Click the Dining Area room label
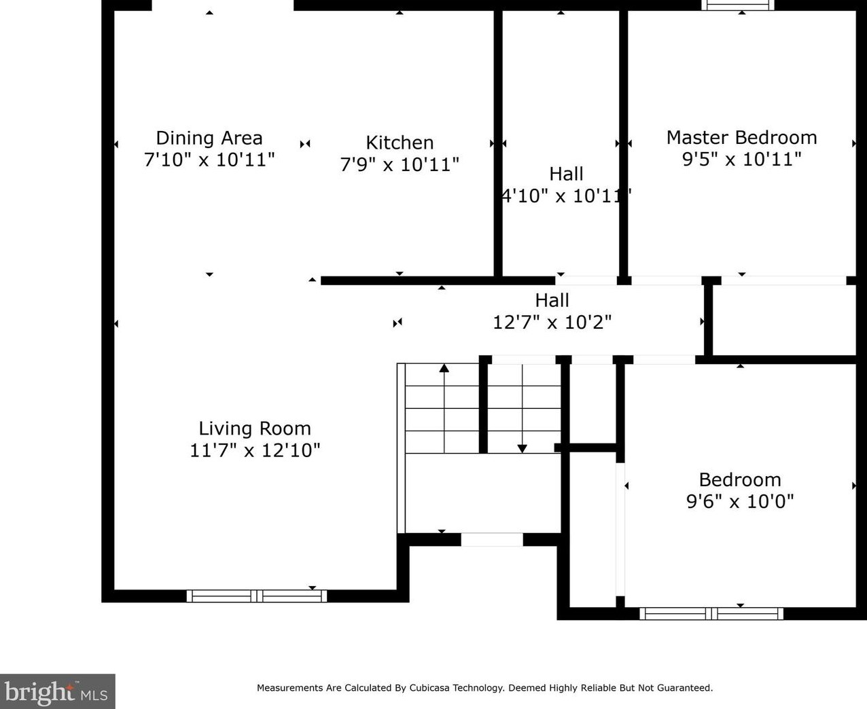[209, 138]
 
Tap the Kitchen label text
[400, 143]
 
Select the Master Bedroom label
[741, 138]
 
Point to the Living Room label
[255, 429]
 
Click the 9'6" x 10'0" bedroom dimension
[740, 501]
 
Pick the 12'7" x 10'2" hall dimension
[552, 322]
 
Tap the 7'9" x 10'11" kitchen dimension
[400, 165]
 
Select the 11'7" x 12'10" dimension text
[255, 450]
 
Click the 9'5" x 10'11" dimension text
[741, 160]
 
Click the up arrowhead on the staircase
[444, 368]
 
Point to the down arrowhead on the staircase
[522, 449]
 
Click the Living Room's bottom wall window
[257, 596]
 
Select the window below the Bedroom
[711, 614]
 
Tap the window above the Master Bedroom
[738, 5]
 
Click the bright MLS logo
[57, 691]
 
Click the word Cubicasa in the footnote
[427, 688]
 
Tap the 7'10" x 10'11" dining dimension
[209, 160]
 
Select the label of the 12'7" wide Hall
[552, 300]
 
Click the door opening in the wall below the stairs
[492, 540]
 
